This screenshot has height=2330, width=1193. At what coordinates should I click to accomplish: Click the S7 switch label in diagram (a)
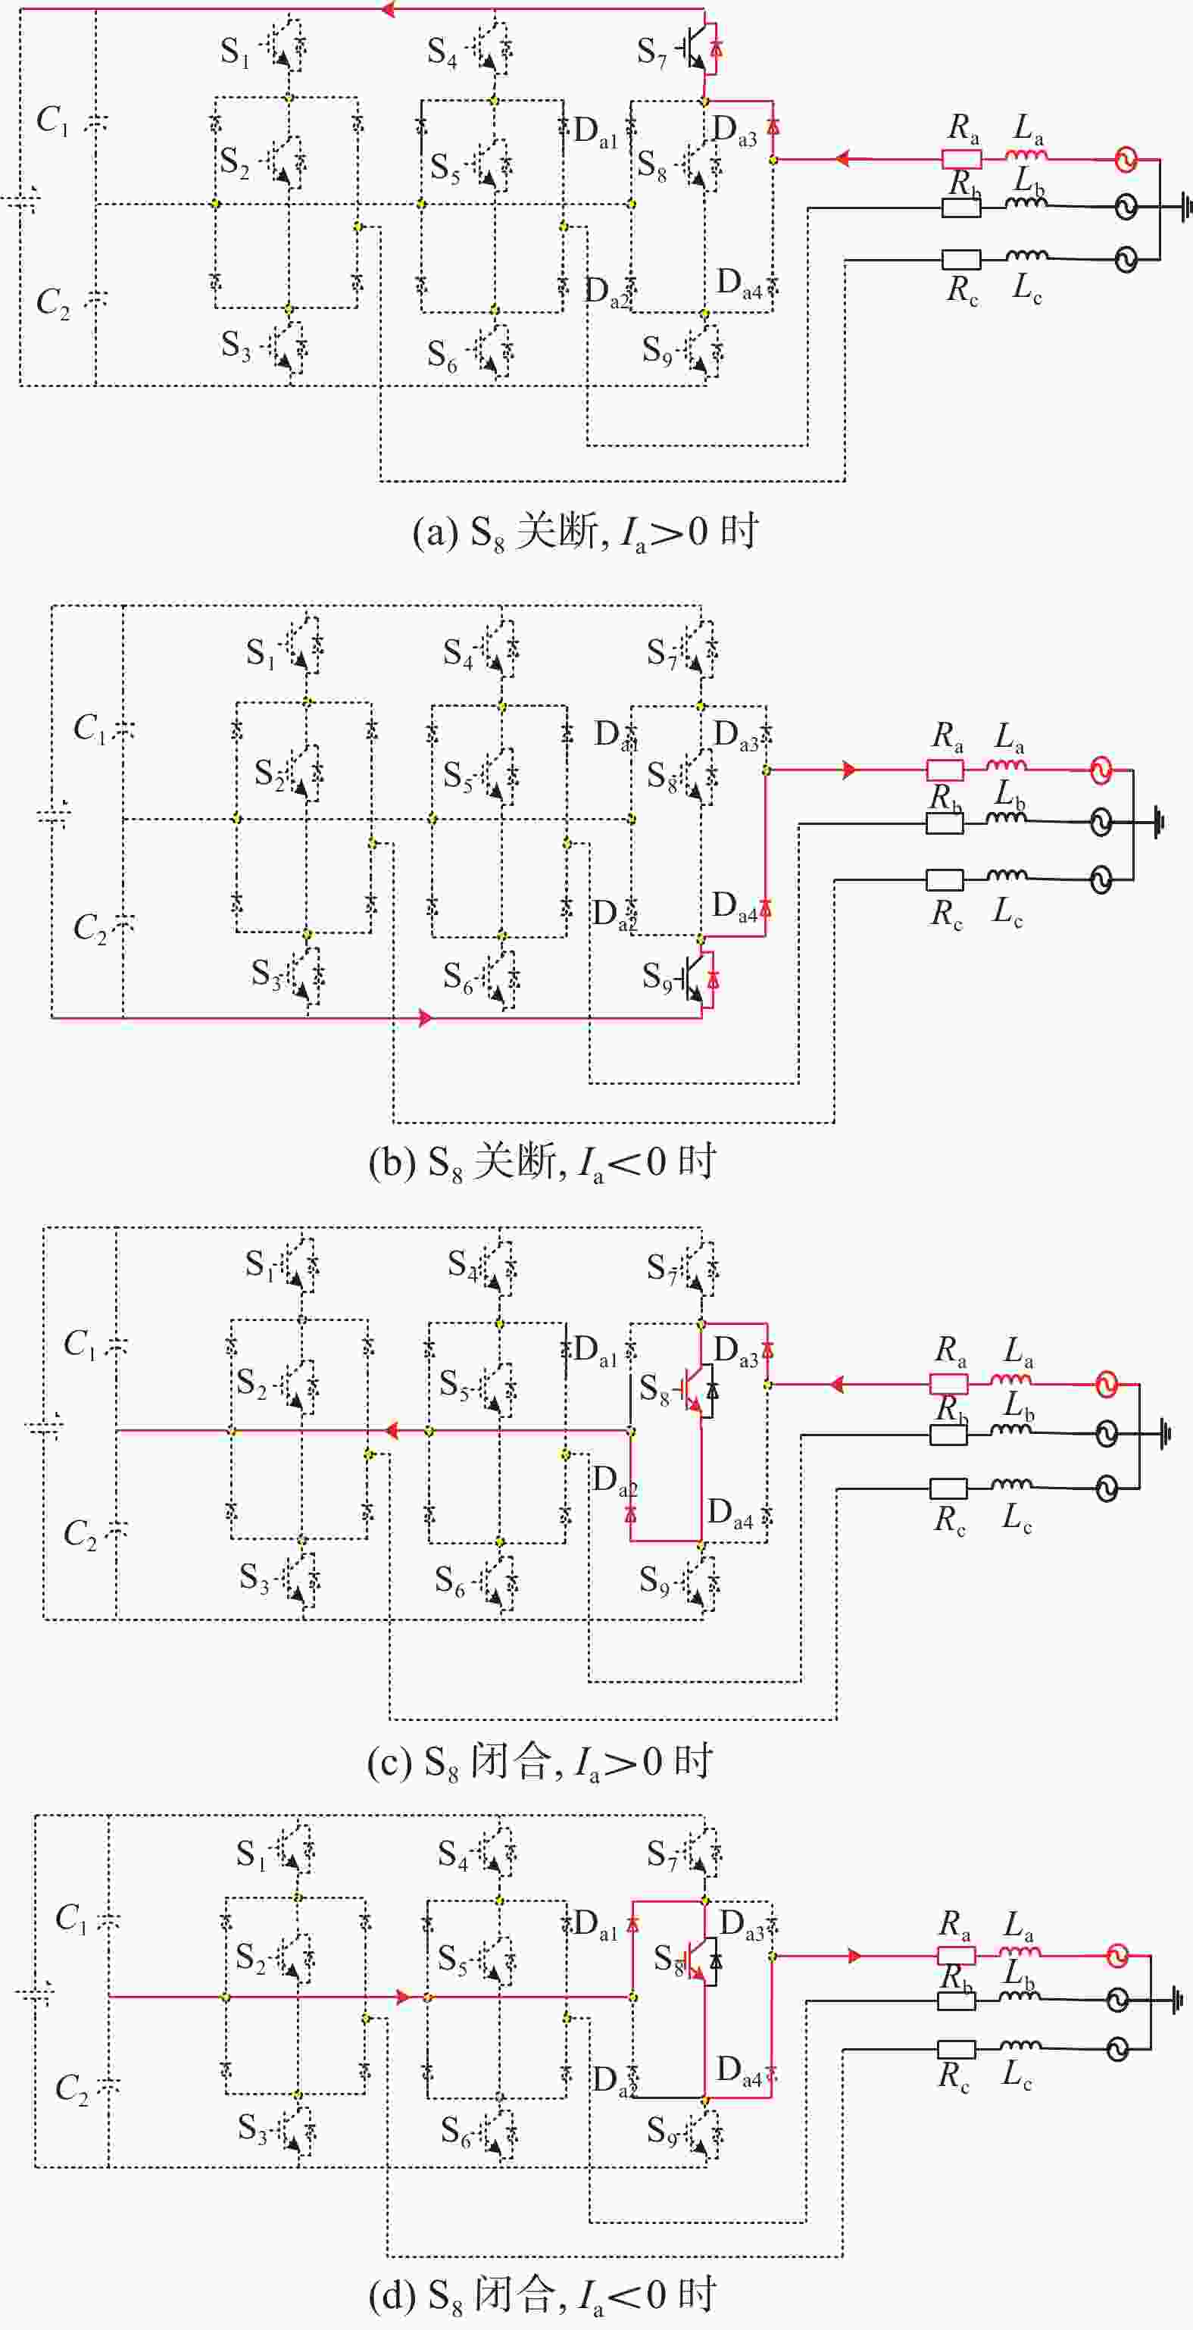tap(651, 52)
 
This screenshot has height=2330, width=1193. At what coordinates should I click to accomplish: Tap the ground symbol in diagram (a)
tap(1184, 207)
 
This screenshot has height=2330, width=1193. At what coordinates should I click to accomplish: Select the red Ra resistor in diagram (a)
tap(961, 159)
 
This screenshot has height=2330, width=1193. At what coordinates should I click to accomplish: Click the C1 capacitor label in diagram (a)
tap(52, 120)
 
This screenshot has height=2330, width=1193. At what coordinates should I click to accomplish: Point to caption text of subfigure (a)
tap(586, 532)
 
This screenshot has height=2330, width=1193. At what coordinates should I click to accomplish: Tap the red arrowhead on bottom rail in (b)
tap(426, 1017)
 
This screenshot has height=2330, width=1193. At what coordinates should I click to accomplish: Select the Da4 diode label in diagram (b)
tap(735, 906)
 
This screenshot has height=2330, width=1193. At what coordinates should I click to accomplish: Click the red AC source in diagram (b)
tap(1101, 770)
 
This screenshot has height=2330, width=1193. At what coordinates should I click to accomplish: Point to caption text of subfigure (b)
tap(542, 1162)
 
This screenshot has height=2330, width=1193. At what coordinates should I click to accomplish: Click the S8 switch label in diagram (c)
tap(654, 1388)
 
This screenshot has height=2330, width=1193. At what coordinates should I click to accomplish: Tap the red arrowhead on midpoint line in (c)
tap(392, 1430)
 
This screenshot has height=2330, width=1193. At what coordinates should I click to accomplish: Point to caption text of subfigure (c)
tap(540, 1762)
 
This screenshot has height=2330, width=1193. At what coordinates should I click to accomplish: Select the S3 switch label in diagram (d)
tap(253, 2128)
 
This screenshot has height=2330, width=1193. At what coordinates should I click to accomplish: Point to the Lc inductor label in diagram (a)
tap(1026, 289)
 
